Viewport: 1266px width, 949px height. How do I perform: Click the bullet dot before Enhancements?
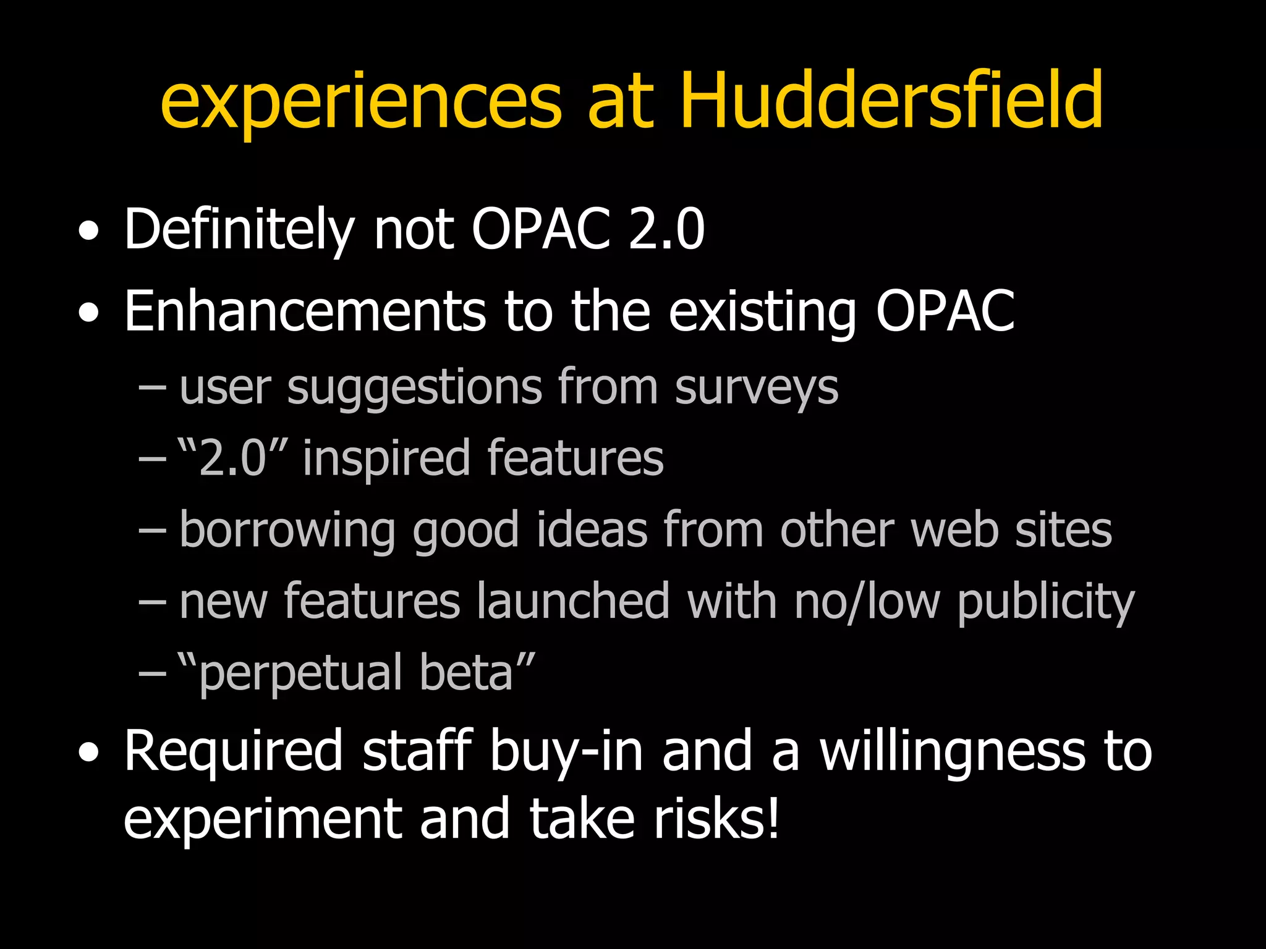click(x=89, y=313)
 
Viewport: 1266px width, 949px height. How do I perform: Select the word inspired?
click(x=386, y=460)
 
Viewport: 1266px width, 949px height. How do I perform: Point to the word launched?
click(x=573, y=601)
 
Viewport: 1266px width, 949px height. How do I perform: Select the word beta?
click(x=467, y=672)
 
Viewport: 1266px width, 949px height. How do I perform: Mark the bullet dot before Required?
click(x=89, y=753)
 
